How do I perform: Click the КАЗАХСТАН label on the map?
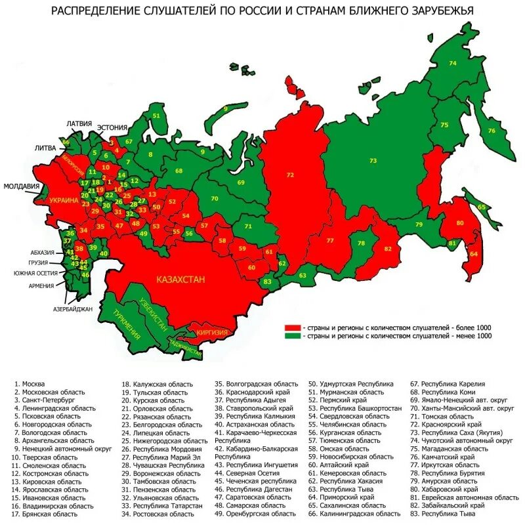180,279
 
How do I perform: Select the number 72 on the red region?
290,175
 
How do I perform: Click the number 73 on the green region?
373,161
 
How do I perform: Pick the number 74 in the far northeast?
452,63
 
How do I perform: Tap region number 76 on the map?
492,131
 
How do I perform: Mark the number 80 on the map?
459,222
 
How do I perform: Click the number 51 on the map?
156,115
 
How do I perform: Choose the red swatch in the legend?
292,327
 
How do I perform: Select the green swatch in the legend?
292,335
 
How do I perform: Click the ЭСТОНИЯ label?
112,127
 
